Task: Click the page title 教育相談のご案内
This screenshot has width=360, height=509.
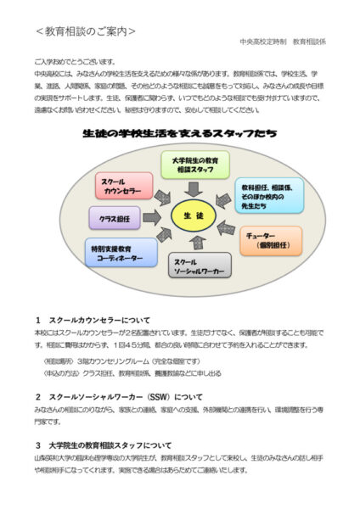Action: (x=86, y=32)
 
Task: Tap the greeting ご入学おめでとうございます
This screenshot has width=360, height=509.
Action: (x=75, y=63)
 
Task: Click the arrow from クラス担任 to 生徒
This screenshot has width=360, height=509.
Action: (x=151, y=218)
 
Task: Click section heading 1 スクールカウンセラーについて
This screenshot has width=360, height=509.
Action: (x=93, y=321)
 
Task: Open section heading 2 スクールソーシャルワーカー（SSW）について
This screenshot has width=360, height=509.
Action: (x=119, y=396)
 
